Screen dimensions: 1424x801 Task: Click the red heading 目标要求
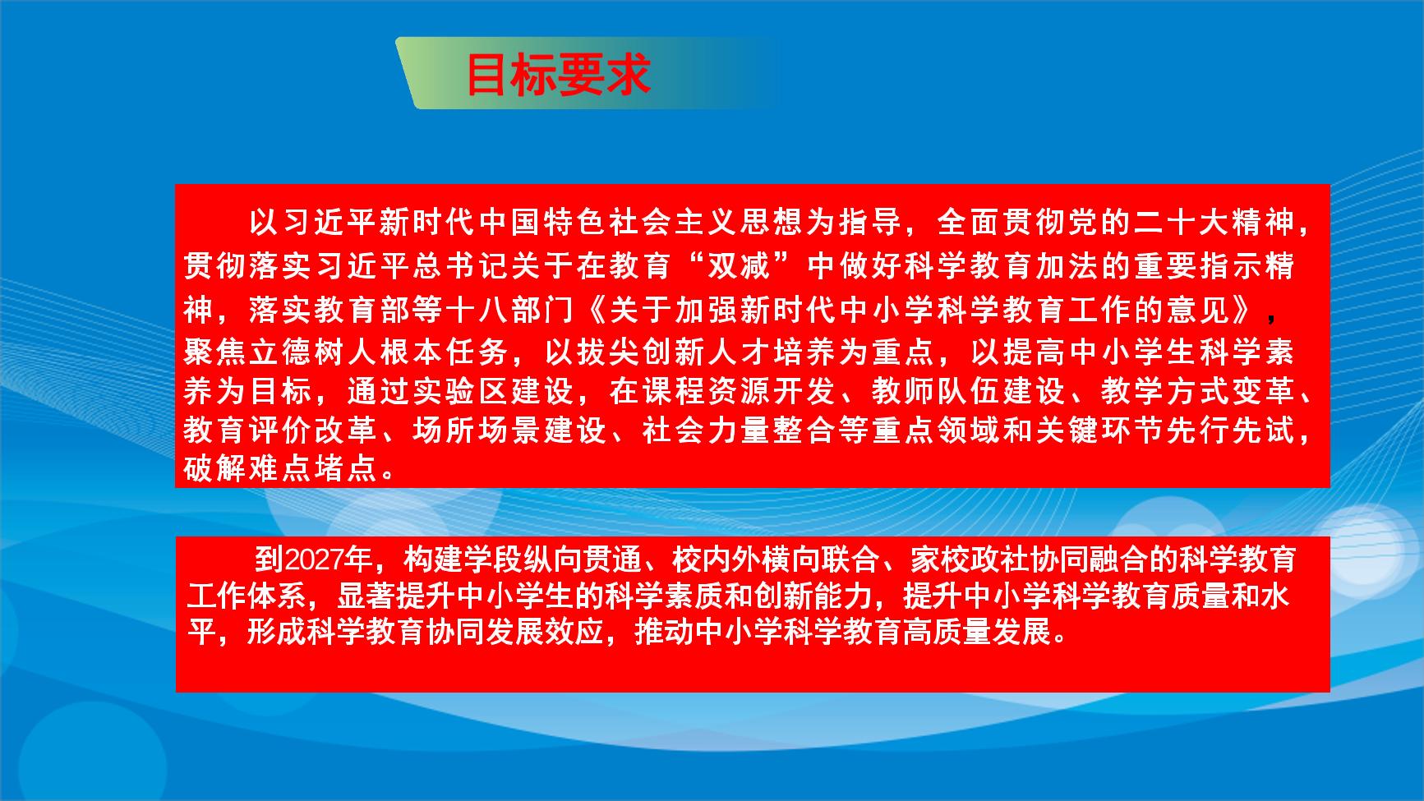tap(559, 76)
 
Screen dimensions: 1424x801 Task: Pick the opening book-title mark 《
tap(593, 310)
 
